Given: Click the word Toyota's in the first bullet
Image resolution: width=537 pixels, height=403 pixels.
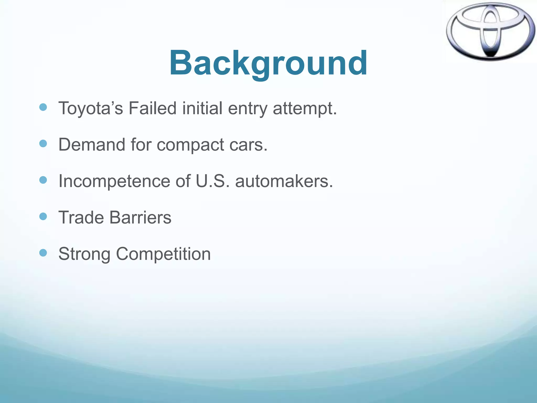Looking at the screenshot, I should [x=90, y=108].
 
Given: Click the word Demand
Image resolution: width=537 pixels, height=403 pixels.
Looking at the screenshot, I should [x=92, y=145].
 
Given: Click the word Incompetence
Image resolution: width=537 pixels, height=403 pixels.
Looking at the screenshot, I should [x=114, y=181].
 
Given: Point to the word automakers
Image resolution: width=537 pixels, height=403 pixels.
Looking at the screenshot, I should [x=284, y=181].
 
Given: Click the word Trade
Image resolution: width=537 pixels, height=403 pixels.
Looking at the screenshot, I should [x=81, y=218].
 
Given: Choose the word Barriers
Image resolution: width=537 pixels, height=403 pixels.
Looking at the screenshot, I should [x=140, y=218].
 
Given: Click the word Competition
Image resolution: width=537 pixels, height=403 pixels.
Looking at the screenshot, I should [x=163, y=254].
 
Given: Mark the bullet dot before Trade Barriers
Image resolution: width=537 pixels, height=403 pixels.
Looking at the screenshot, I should [x=43, y=216].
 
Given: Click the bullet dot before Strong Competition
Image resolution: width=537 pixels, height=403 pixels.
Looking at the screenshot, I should [x=43, y=253].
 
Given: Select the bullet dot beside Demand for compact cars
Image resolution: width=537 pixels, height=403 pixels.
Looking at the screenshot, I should [x=43, y=144].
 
